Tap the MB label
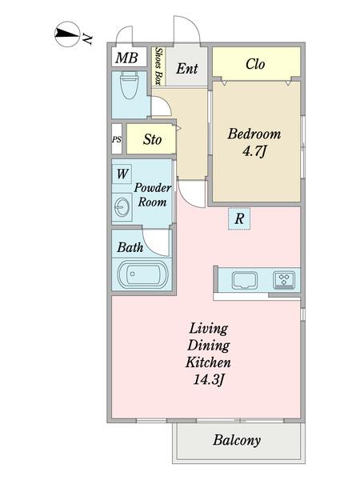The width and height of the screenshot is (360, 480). tap(126, 58)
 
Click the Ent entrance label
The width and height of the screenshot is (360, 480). tap(186, 69)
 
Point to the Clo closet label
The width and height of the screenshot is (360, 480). tap(255, 64)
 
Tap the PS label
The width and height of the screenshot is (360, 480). tap(117, 140)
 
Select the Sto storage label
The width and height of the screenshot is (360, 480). tap(152, 140)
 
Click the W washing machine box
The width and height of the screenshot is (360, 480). tap(122, 173)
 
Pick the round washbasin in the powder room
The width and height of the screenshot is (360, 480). tap(122, 207)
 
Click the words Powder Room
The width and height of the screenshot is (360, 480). tap(151, 195)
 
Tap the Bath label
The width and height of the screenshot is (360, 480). tap(130, 248)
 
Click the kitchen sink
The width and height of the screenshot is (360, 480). tap(243, 281)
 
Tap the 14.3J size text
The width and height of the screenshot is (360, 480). tap(209, 379)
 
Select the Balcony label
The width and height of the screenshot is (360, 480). tap(237, 441)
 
